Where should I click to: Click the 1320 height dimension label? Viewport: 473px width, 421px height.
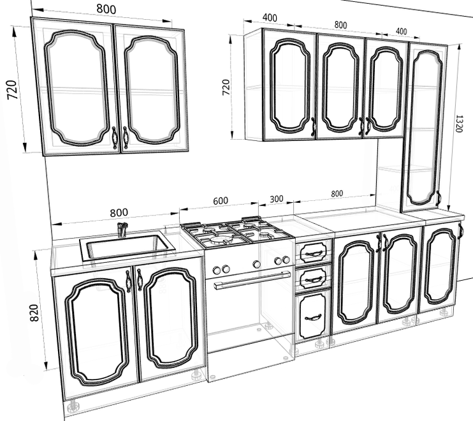[x=458, y=123]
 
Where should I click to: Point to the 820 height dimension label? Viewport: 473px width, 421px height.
[x=34, y=313]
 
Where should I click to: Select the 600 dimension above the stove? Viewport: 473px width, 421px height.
[x=221, y=201]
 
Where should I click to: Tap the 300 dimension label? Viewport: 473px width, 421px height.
[x=276, y=199]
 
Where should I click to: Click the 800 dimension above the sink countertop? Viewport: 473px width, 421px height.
[x=119, y=213]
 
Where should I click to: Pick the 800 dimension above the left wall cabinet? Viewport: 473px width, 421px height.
[x=106, y=9]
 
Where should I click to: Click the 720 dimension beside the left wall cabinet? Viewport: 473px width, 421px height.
[x=12, y=90]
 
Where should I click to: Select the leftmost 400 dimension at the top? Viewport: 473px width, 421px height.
[x=270, y=17]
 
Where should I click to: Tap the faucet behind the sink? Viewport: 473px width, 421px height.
[x=122, y=230]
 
